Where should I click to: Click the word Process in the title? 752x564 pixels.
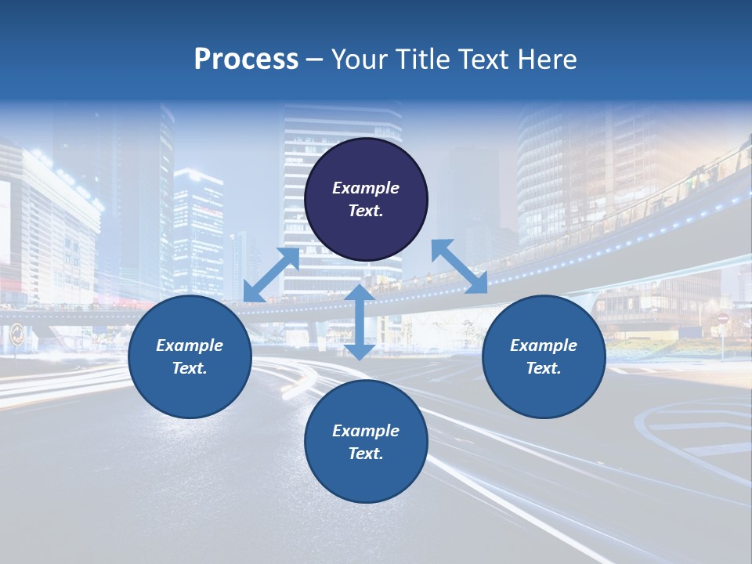[246, 60]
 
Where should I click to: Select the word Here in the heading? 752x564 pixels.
[546, 60]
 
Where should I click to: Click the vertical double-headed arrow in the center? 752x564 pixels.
[359, 322]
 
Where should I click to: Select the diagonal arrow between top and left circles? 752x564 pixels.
[271, 275]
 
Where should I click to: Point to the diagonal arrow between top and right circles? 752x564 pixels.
[459, 266]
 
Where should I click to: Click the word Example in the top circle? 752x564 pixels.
[366, 188]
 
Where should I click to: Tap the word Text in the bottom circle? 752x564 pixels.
[366, 454]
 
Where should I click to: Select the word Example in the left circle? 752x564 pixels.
[190, 345]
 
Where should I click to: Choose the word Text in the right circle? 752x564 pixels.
[544, 368]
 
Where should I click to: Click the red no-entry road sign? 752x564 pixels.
[722, 319]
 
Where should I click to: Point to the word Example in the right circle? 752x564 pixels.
[544, 345]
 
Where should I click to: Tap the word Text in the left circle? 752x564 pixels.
[190, 368]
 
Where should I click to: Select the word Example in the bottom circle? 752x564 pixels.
[366, 431]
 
